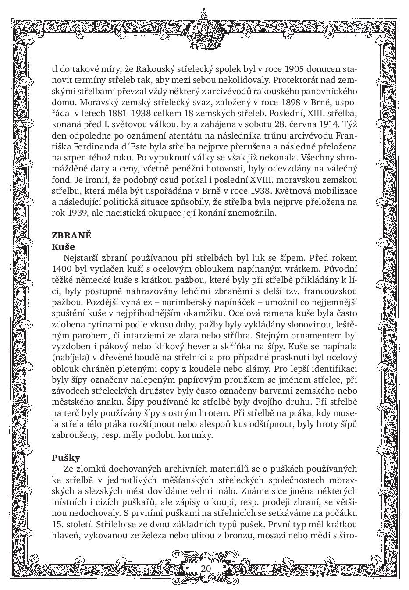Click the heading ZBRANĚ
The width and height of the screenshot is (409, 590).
71,235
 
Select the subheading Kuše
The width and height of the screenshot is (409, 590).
64,246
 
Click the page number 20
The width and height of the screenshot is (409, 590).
206,568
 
